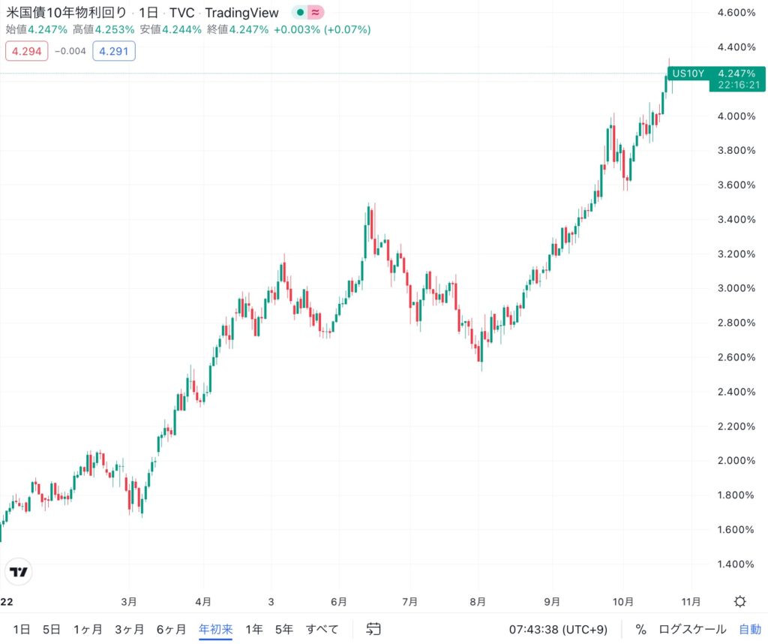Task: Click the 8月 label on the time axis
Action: coord(478,602)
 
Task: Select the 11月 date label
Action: coord(691,602)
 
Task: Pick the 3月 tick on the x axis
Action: coord(129,602)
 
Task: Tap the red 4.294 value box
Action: coord(26,51)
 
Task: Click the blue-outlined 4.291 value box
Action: coord(114,51)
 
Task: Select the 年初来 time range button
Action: coord(215,629)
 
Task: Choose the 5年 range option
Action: coord(284,629)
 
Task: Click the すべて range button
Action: coord(322,629)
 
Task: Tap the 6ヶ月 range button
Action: coord(171,629)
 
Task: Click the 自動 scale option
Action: coord(750,629)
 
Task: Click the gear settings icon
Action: coord(740,602)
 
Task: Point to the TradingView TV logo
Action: coord(18,572)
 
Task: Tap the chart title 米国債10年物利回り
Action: coord(67,13)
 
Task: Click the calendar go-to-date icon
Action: coord(373,629)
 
